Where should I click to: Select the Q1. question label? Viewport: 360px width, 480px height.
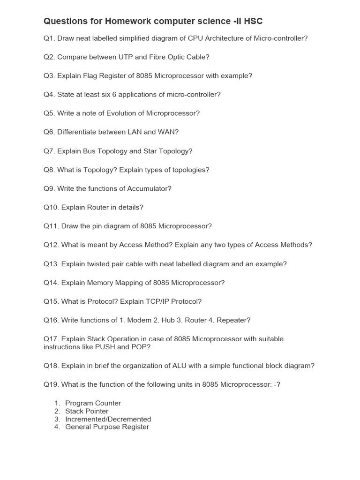click(x=49, y=38)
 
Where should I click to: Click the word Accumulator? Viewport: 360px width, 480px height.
click(x=146, y=188)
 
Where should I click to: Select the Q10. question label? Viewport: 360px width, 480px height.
click(x=51, y=207)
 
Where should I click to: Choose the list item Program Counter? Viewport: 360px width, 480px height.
click(x=93, y=403)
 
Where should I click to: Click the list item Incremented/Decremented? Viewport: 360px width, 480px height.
click(x=108, y=419)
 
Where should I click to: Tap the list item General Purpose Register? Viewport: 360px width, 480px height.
click(x=107, y=427)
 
